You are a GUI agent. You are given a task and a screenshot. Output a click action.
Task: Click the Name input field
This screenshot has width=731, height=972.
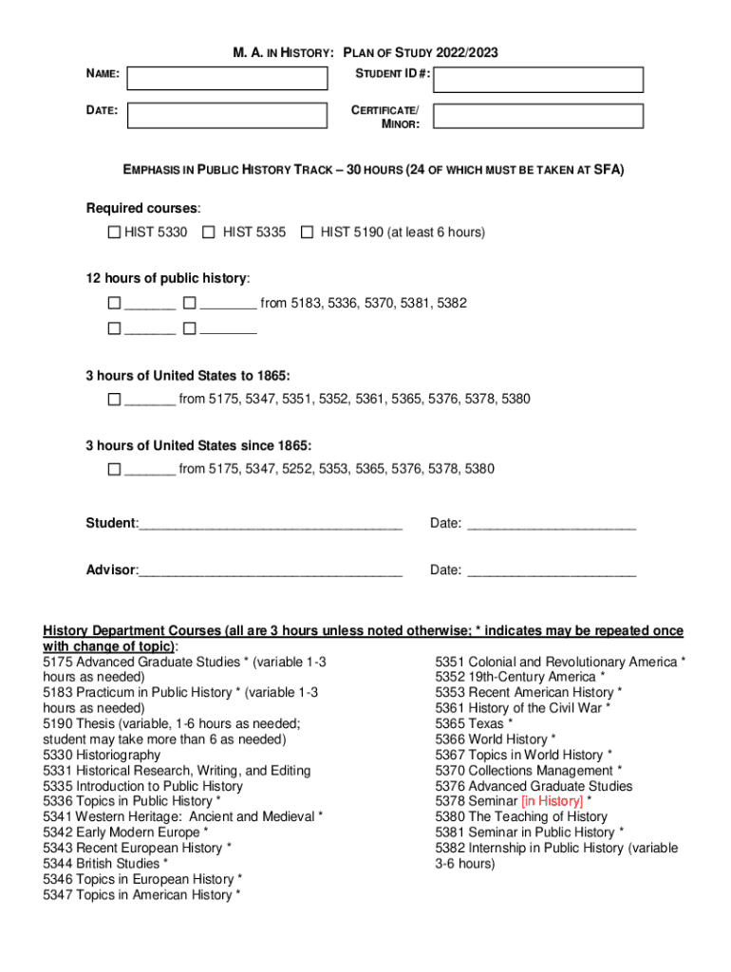[227, 78]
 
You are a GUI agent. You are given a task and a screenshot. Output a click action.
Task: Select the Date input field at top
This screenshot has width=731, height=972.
[227, 116]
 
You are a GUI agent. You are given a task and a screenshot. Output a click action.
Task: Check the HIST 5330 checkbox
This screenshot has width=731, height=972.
[114, 232]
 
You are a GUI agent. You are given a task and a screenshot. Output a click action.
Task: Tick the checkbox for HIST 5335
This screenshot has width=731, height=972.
[209, 232]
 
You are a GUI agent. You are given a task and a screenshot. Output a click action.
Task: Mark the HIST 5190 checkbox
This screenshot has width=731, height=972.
[307, 232]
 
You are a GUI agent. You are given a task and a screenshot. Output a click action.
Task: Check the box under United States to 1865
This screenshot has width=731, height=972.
[114, 399]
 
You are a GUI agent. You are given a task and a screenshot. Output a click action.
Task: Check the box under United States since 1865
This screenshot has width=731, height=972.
[114, 469]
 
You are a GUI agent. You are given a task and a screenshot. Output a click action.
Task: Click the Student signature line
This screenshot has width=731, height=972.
[271, 525]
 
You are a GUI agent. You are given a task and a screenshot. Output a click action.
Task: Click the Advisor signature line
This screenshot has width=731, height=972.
[271, 570]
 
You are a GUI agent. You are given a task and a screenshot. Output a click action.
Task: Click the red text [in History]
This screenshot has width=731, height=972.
[553, 801]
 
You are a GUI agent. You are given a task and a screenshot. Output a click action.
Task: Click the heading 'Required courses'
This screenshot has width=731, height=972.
[143, 208]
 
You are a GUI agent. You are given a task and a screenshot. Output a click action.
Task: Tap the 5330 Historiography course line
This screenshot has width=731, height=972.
[102, 755]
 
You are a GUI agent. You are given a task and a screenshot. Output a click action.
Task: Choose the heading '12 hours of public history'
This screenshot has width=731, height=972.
[168, 278]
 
